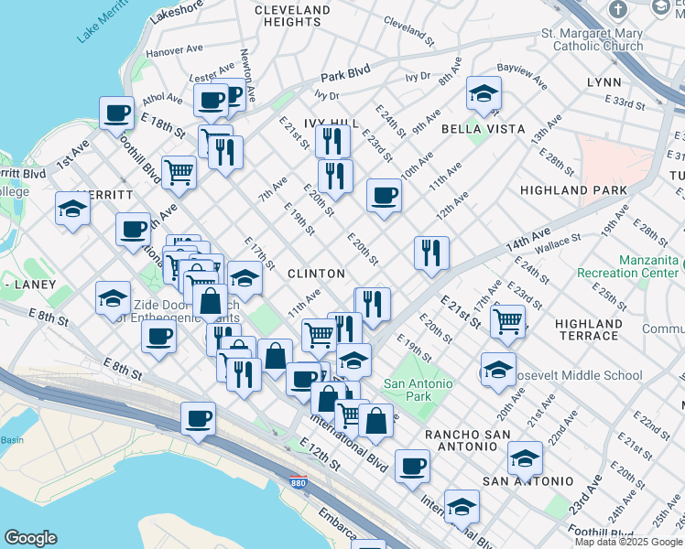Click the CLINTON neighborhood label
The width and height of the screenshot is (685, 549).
(316, 274)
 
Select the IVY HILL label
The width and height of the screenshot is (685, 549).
(331, 122)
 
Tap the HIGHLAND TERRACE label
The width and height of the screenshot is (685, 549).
(589, 329)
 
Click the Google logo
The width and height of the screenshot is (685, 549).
(30, 537)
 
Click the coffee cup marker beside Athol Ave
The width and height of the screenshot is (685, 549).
(117, 113)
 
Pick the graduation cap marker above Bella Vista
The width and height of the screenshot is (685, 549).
(484, 92)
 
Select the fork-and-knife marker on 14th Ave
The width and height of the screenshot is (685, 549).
(430, 252)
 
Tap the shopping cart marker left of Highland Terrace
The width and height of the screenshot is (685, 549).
(507, 319)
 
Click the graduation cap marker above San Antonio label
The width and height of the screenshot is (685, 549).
(525, 457)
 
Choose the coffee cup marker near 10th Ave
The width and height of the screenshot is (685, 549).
(384, 195)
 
